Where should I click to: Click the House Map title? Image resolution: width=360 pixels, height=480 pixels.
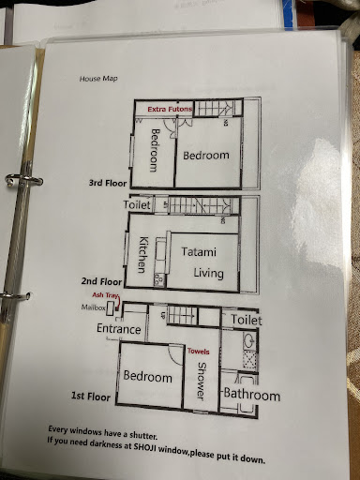tap(98, 79)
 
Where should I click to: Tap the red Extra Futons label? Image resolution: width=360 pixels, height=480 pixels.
tap(170, 109)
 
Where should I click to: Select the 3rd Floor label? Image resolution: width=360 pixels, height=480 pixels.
tap(108, 183)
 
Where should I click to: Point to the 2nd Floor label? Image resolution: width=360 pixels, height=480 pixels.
tap(101, 281)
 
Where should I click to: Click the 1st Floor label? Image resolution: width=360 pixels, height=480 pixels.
tap(91, 397)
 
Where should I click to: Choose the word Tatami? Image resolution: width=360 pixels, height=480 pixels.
tap(199, 251)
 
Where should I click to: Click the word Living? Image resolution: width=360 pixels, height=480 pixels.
tap(208, 273)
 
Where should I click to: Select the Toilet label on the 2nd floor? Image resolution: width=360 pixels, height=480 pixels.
tap(137, 204)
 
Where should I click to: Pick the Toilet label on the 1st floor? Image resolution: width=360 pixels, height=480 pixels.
tap(247, 320)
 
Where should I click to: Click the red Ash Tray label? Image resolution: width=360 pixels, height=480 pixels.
tap(106, 295)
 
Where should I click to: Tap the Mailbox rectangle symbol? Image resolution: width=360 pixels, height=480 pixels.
tap(111, 308)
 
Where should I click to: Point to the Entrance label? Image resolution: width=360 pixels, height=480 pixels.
tap(118, 329)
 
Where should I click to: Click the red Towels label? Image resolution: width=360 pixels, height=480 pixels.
tap(199, 352)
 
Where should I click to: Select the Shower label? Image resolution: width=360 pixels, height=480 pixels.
tap(202, 381)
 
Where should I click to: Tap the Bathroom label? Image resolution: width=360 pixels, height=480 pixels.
tap(252, 395)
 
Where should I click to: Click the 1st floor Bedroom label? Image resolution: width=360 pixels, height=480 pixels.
tap(147, 376)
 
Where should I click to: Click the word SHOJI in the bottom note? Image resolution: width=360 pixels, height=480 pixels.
tap(145, 447)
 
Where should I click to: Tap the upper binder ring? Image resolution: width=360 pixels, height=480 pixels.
tap(23, 181)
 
